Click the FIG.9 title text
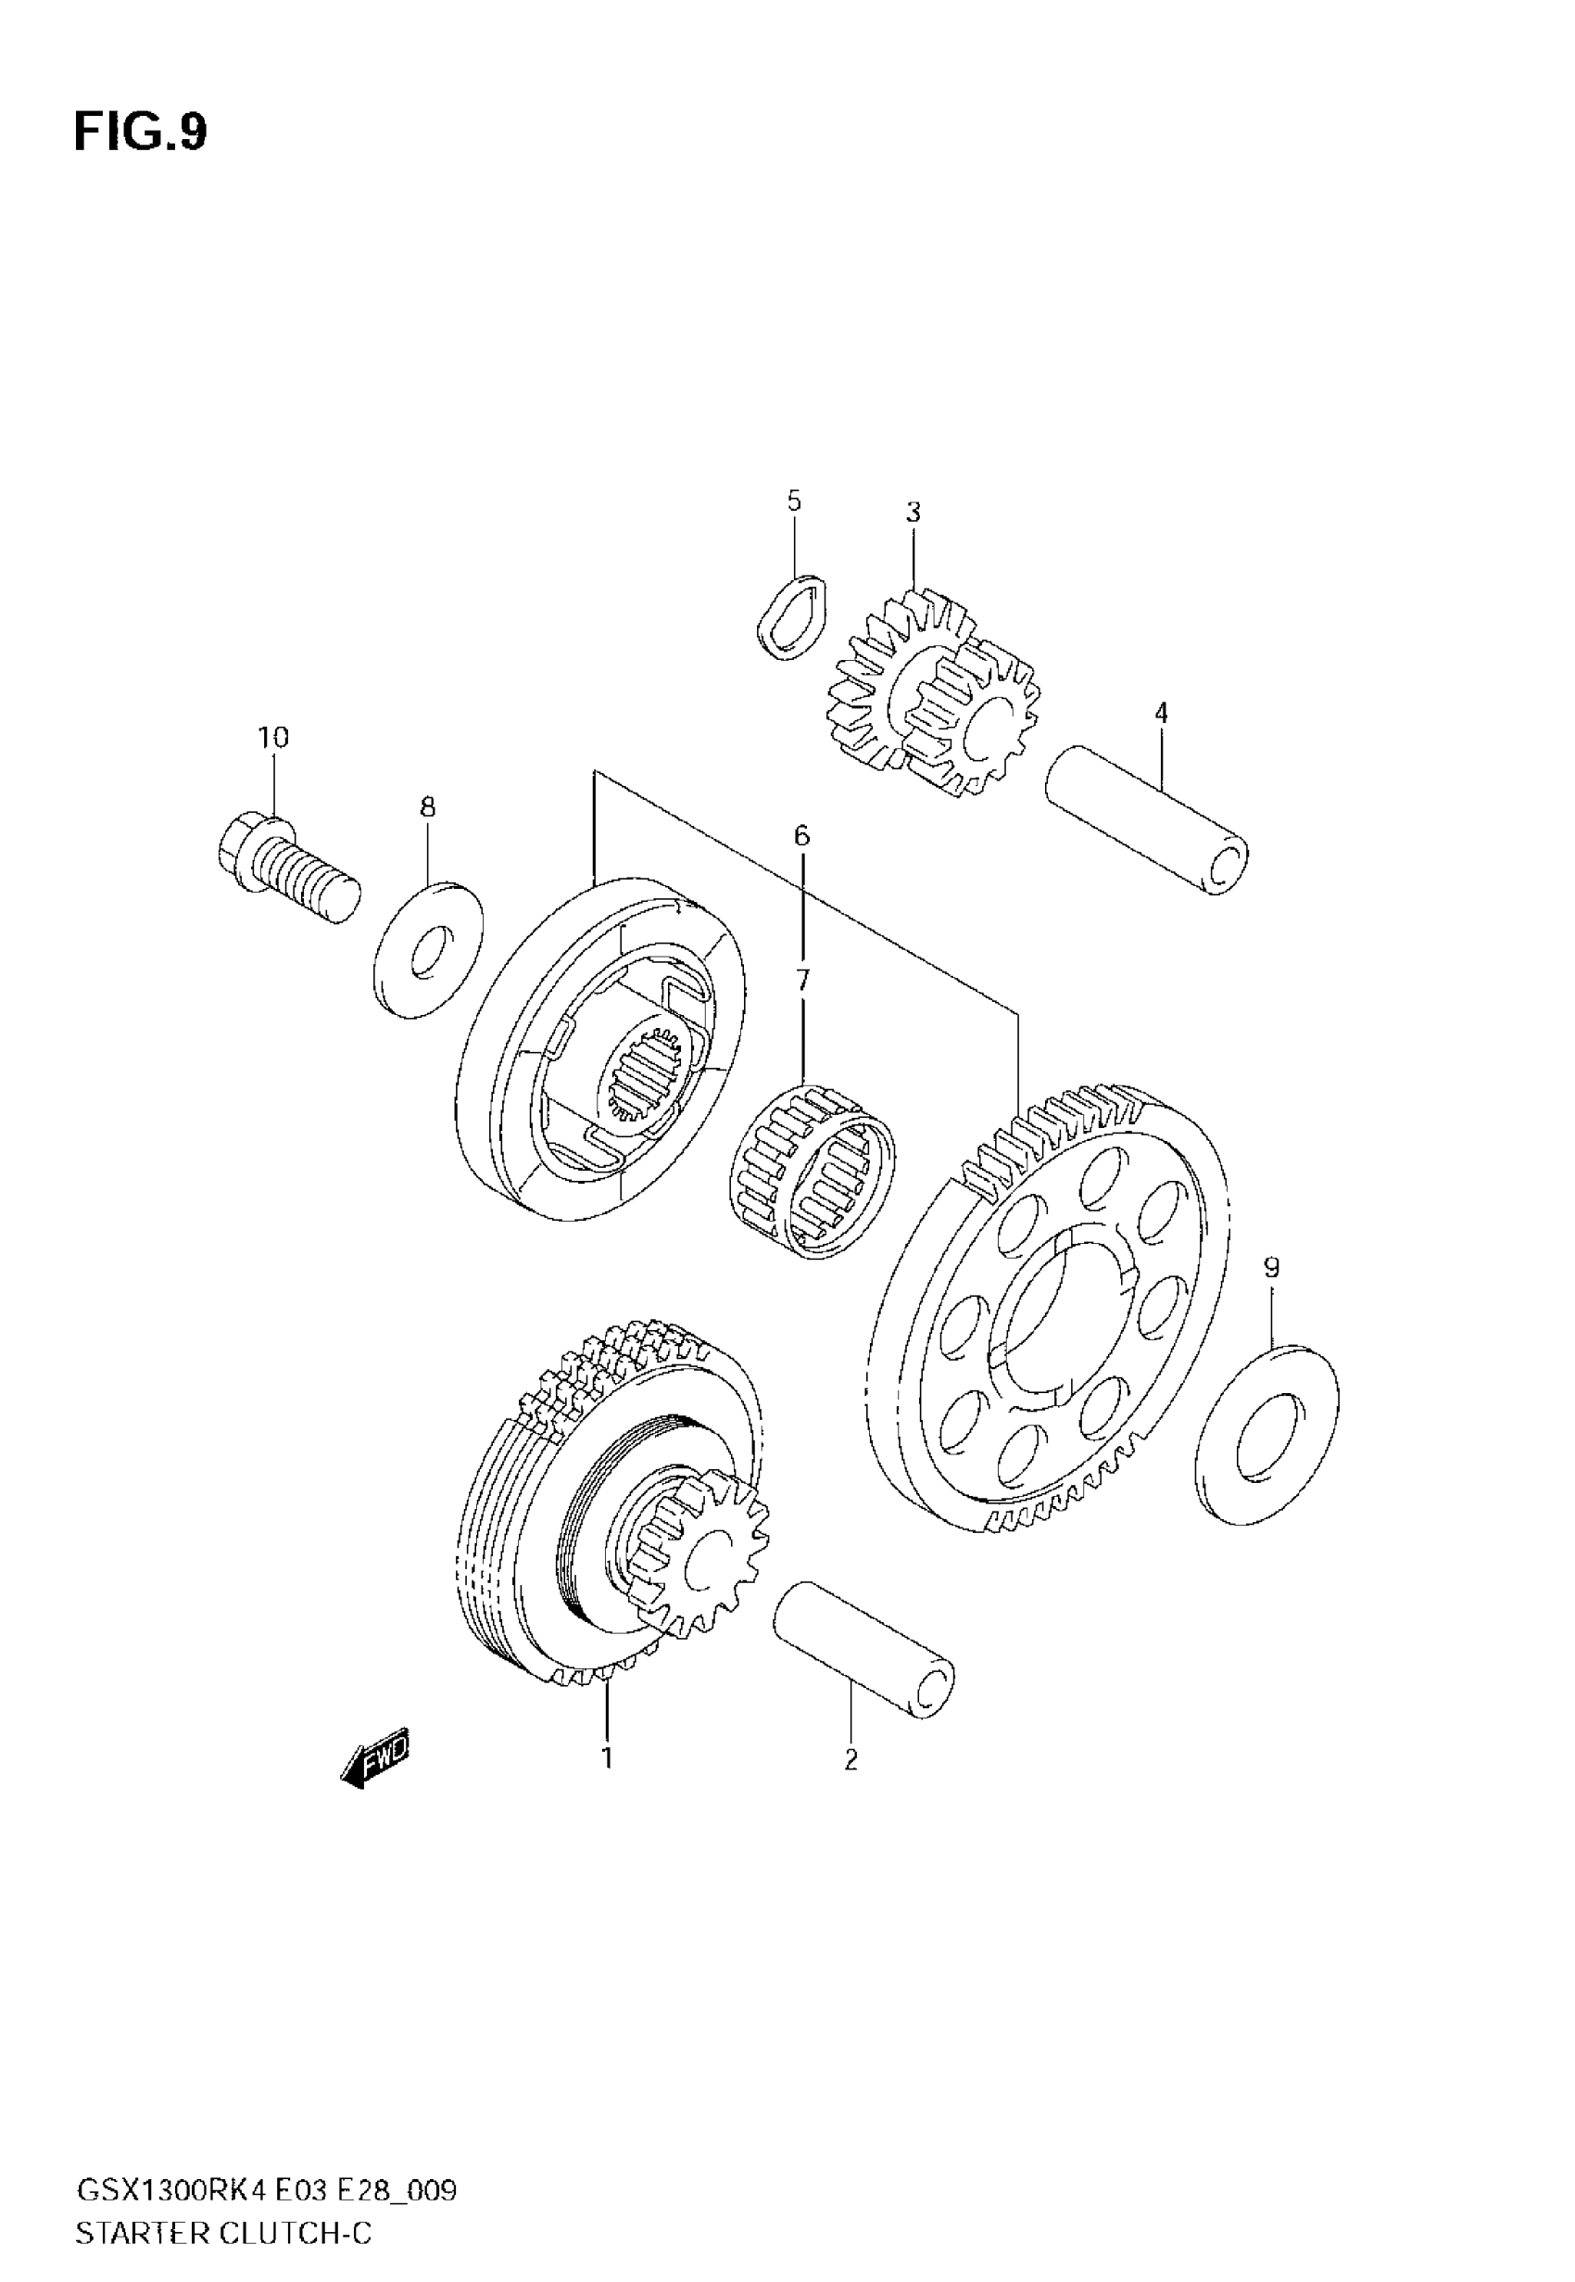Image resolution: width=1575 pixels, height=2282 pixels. click(x=140, y=133)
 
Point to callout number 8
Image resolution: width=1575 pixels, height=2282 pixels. click(x=427, y=807)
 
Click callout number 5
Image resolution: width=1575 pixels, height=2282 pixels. click(x=794, y=501)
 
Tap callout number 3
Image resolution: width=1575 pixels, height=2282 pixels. click(x=913, y=513)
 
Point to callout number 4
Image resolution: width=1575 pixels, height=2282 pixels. click(x=1162, y=713)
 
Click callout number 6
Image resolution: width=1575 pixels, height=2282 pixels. click(x=801, y=836)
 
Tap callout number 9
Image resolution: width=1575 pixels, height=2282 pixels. click(x=1271, y=1267)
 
